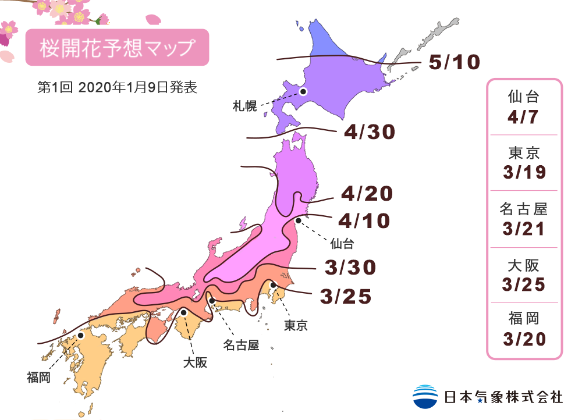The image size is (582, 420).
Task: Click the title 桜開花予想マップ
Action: coord(116,48)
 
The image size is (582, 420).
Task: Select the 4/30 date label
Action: coord(369,133)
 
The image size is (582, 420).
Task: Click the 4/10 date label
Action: coord(363,221)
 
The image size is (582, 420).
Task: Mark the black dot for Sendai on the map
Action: coord(298,220)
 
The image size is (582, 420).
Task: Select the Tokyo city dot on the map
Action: coord(273,284)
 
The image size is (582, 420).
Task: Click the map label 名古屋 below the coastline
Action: coord(240,345)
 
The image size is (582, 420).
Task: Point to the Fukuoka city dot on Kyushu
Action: coord(81,336)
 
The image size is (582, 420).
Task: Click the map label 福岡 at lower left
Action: coord(38,378)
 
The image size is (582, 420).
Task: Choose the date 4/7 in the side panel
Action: coord(524,116)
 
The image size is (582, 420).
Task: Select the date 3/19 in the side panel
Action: coord(524,172)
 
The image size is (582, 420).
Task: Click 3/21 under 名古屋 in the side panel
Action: coord(524,229)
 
